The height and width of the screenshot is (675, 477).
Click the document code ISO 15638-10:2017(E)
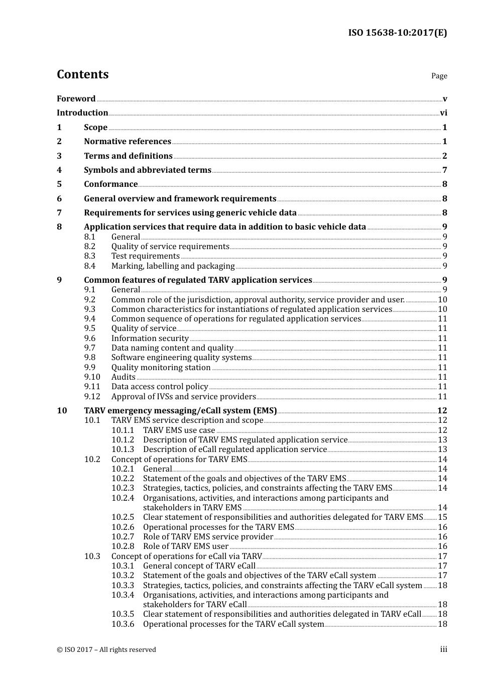click(397, 33)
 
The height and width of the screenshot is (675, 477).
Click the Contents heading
click(82, 74)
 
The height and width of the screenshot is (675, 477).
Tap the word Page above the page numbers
click(439, 76)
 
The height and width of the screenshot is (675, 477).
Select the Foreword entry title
click(76, 98)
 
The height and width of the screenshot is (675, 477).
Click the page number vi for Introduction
click(443, 113)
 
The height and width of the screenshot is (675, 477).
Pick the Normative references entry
click(128, 142)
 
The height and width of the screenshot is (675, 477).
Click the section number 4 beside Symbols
click(59, 170)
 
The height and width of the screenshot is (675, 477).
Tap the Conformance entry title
click(110, 184)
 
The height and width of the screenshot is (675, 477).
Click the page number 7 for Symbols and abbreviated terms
click(444, 170)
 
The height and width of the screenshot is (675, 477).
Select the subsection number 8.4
click(89, 266)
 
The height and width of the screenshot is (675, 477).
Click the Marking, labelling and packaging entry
click(173, 266)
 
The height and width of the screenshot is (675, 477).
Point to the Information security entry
click(150, 339)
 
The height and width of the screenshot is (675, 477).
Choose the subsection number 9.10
click(92, 377)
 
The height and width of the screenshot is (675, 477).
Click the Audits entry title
click(123, 377)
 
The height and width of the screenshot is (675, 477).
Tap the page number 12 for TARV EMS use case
click(442, 430)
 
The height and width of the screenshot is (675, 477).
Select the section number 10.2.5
click(123, 517)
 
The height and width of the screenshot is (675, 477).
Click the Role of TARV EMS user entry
click(186, 546)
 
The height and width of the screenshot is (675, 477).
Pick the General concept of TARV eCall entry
click(199, 566)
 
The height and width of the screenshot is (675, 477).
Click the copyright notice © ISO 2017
click(106, 650)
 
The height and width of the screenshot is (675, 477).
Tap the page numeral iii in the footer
click(443, 649)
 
